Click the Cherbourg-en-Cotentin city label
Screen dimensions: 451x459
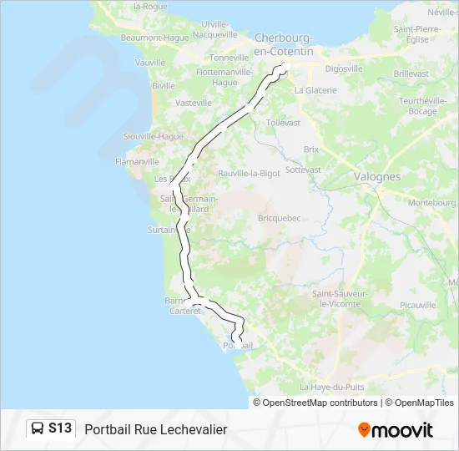tap(284, 45)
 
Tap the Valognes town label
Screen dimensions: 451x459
tap(376, 177)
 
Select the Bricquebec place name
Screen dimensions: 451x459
tap(279, 218)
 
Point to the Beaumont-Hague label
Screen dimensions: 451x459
tap(154, 38)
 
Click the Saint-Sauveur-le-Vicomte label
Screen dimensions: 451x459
tap(338, 299)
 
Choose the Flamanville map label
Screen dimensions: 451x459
tap(137, 162)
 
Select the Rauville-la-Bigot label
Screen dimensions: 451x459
tap(249, 173)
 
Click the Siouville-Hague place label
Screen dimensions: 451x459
tap(153, 136)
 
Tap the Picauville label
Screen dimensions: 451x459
tap(418, 306)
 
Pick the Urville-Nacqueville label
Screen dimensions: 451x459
tap(209, 29)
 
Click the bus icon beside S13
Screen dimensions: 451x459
tap(38, 428)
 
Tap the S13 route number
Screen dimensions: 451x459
tap(60, 428)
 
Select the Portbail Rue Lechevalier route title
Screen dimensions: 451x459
tap(156, 429)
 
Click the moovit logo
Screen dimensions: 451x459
tap(396, 430)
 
